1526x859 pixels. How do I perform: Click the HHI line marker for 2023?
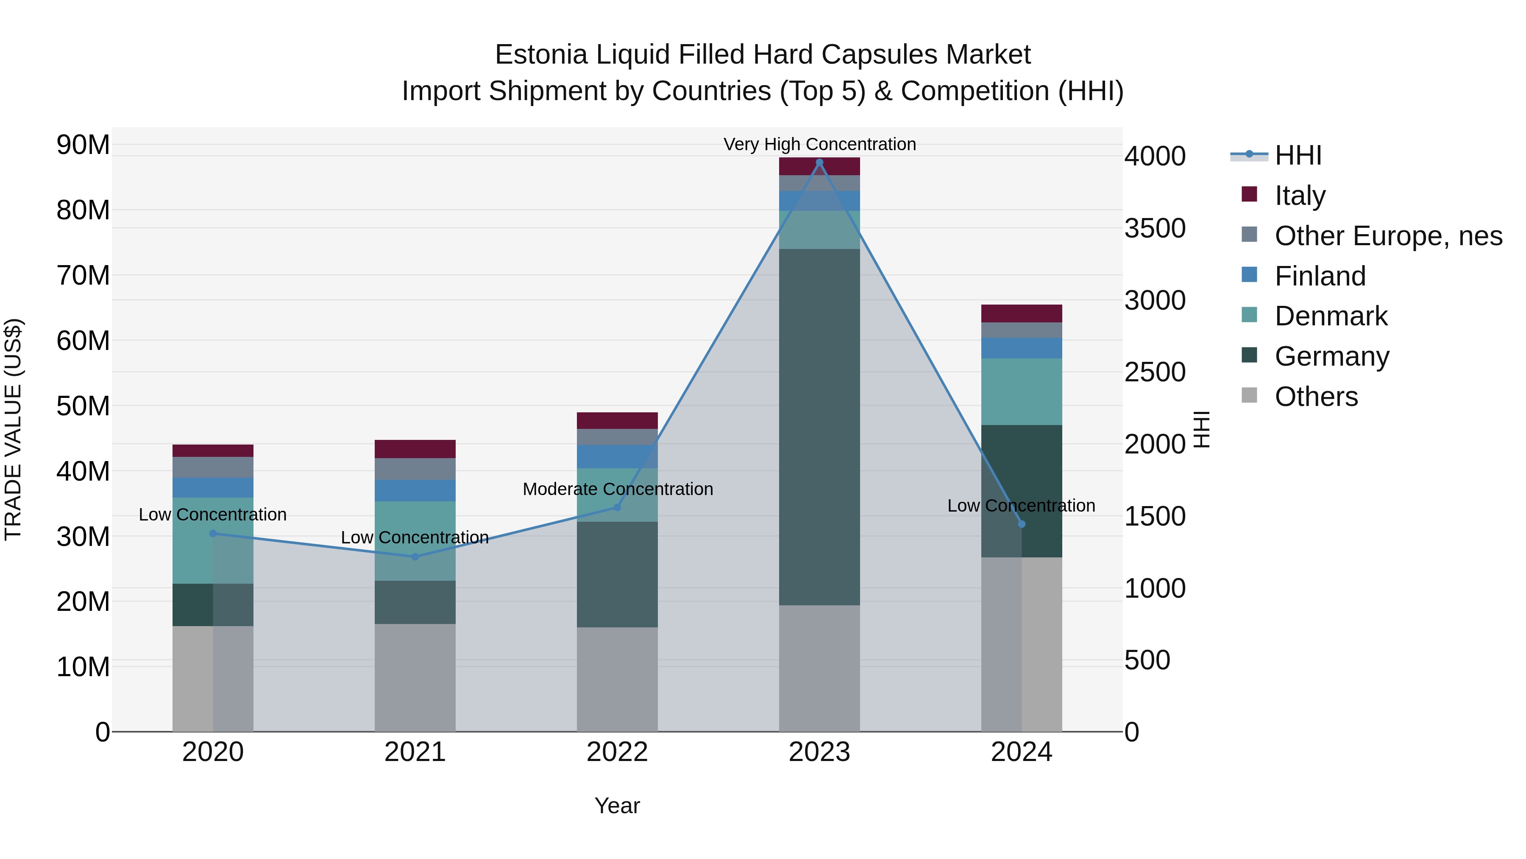(819, 162)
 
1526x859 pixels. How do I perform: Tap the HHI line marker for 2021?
(415, 557)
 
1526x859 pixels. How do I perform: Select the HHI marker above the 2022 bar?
(617, 507)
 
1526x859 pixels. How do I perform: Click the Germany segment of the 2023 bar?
(819, 427)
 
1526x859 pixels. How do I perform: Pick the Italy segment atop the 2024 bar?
(1021, 313)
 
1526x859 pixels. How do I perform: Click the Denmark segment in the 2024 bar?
(1021, 392)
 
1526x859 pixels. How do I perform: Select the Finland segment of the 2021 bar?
(415, 490)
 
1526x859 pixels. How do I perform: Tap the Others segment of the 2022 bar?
(617, 680)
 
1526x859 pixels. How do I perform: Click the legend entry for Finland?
(1320, 276)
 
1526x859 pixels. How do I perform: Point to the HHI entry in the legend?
(1298, 155)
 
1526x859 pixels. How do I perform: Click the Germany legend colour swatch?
(1249, 355)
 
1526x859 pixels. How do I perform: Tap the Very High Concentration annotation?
(819, 144)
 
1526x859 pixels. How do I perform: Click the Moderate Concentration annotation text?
(617, 489)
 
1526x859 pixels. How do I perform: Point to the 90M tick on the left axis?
(83, 145)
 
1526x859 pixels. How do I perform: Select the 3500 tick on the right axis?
(1155, 229)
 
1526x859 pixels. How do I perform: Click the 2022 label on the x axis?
(617, 752)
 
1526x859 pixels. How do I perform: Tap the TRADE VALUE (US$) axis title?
(13, 429)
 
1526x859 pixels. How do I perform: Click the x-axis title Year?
(617, 806)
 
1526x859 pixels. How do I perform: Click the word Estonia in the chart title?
(541, 55)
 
